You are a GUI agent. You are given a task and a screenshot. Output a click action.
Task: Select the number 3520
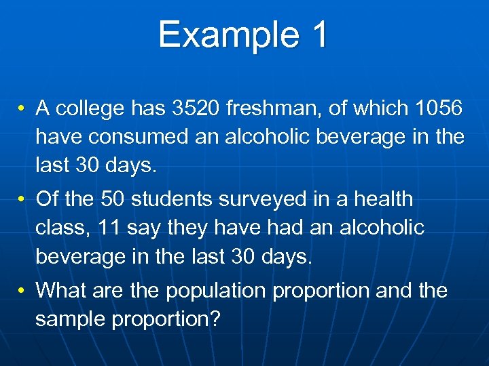coord(196,108)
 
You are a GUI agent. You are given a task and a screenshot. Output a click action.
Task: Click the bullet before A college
coord(22,108)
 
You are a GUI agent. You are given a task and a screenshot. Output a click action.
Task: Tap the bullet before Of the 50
coord(22,200)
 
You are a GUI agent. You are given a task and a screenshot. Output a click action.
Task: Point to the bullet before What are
coord(22,291)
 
